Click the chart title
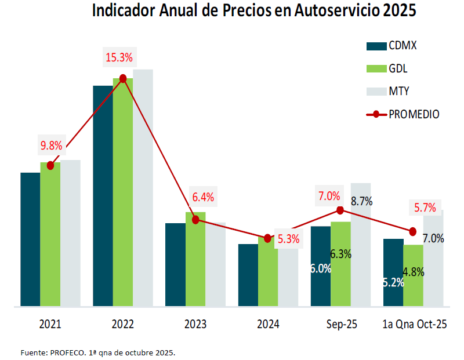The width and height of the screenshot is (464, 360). coord(254,12)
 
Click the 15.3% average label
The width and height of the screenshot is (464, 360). coord(119,57)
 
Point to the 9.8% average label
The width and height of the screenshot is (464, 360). coord(50,145)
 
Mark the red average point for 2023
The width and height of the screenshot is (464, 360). coord(195,220)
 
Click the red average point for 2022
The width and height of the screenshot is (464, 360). coord(123,78)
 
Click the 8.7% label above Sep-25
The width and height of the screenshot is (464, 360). coord(362,202)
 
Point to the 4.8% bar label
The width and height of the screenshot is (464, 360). coord(414,271)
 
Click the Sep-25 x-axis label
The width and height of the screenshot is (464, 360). coord(340,325)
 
